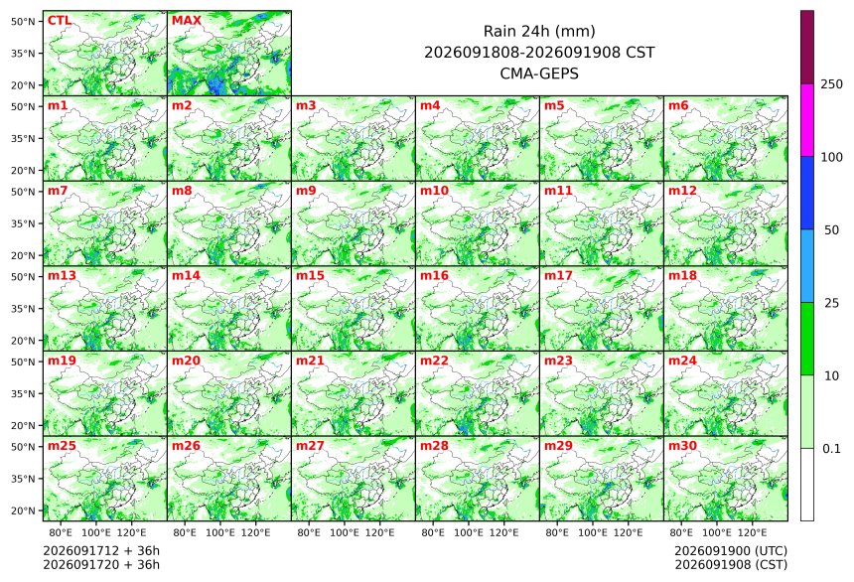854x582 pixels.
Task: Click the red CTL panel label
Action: click(x=60, y=20)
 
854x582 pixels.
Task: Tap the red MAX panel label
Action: click(x=187, y=20)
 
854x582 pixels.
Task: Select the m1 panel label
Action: click(x=58, y=105)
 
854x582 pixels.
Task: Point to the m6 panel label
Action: click(x=678, y=105)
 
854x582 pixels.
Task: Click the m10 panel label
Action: click(x=434, y=190)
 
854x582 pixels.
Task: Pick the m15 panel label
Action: click(x=310, y=275)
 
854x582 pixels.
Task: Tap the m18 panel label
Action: click(x=682, y=275)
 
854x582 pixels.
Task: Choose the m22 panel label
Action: click(x=434, y=361)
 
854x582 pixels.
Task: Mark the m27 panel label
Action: click(x=310, y=445)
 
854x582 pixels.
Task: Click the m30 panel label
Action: click(x=682, y=445)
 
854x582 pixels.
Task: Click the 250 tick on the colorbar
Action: click(x=831, y=83)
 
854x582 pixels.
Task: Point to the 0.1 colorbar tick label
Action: click(x=831, y=449)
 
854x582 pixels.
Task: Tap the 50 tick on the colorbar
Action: click(x=831, y=230)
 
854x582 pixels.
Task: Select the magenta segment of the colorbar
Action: click(x=807, y=120)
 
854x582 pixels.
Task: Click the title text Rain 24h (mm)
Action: click(x=539, y=31)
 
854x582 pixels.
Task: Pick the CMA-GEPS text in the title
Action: click(x=539, y=73)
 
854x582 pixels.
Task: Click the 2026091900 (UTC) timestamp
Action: click(x=731, y=551)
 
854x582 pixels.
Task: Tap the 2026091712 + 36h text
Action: click(x=101, y=550)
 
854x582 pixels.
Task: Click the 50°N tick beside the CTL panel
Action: click(x=23, y=21)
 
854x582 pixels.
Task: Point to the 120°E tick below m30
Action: click(x=752, y=532)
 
